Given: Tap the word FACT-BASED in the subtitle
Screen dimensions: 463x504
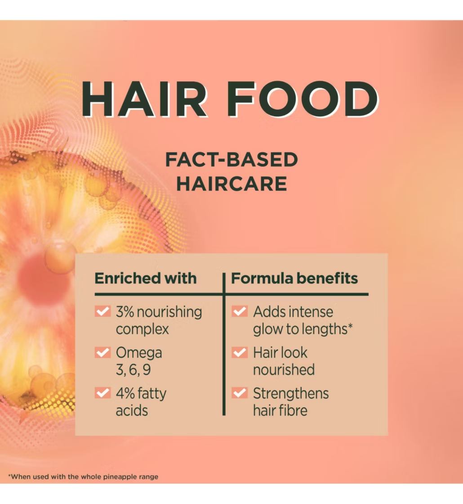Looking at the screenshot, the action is click(x=231, y=160).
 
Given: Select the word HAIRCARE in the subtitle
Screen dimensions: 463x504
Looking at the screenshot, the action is click(x=231, y=184).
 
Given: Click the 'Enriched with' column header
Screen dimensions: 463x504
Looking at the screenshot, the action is click(x=146, y=279).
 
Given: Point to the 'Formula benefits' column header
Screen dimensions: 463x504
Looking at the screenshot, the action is click(x=294, y=279).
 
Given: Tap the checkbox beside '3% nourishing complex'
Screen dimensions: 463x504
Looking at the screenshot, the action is click(x=103, y=311).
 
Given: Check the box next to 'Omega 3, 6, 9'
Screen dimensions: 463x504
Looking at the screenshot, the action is click(x=103, y=352).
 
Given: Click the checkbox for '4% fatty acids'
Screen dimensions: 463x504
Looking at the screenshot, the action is click(x=103, y=393).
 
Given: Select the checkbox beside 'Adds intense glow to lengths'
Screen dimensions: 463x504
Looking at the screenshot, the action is click(x=240, y=311).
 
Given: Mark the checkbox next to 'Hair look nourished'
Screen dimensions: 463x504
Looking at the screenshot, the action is click(x=240, y=352).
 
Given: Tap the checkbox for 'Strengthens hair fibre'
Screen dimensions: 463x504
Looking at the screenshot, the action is click(x=240, y=393).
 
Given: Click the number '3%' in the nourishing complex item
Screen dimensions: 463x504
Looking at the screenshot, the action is click(x=125, y=312).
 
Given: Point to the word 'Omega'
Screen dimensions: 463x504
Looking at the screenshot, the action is click(x=139, y=353).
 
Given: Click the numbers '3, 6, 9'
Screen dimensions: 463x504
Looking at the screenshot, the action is click(x=133, y=369).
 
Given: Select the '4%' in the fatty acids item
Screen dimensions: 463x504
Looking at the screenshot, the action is click(x=125, y=393).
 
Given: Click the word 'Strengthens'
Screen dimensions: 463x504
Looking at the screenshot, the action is click(x=291, y=393).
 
